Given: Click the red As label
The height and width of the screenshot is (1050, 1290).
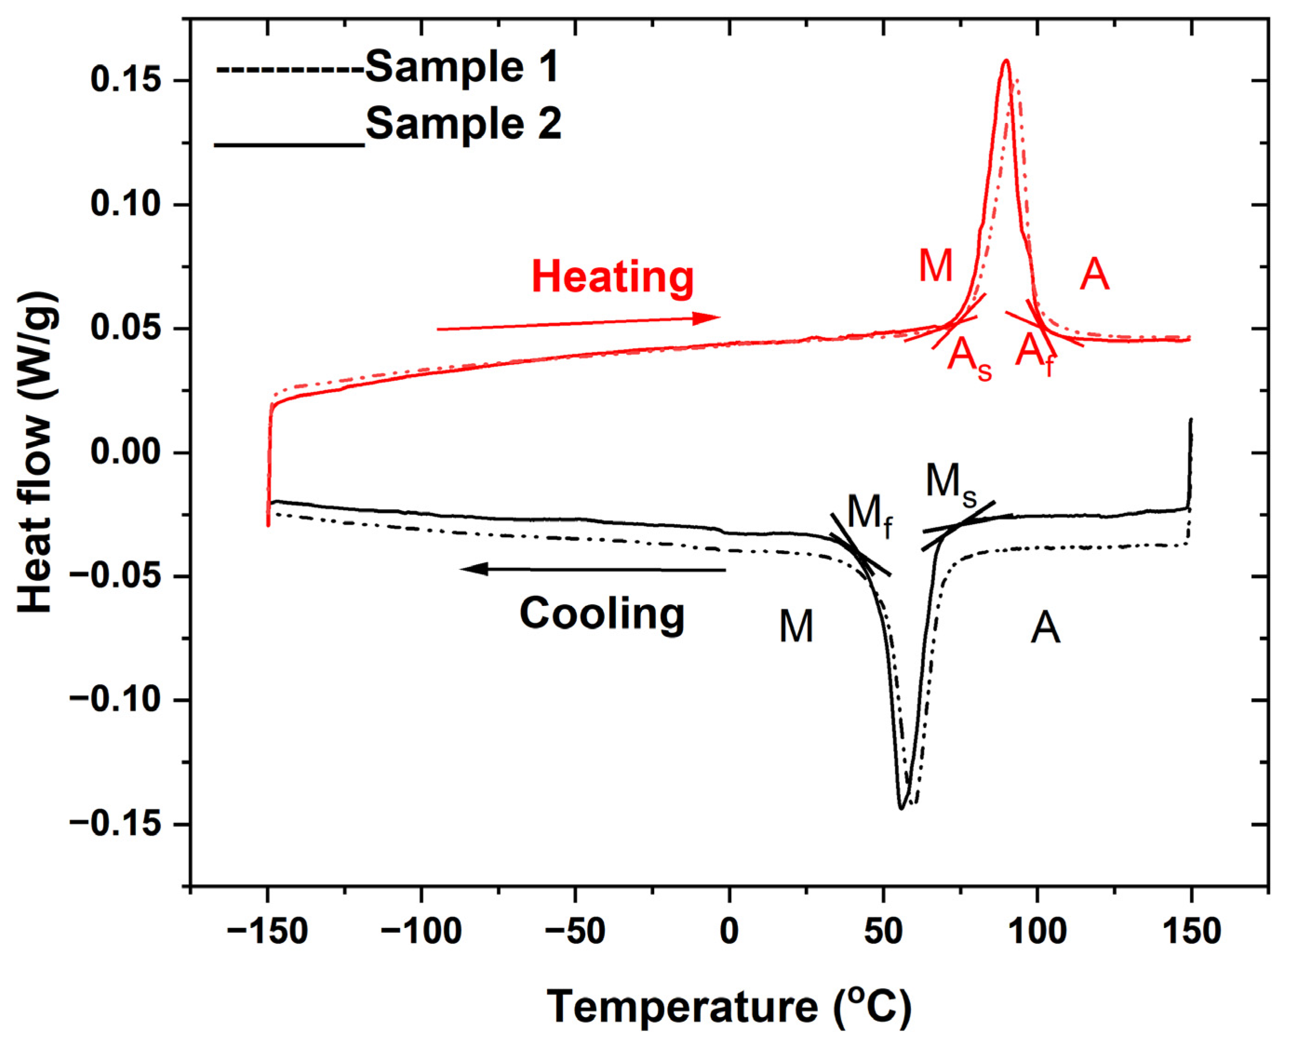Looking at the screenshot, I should (969, 358).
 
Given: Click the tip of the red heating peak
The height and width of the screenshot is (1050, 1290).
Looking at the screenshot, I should (1006, 61).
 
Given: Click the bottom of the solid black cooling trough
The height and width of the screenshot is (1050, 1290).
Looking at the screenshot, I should (901, 808).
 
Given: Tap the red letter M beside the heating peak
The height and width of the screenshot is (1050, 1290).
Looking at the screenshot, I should (935, 266).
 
